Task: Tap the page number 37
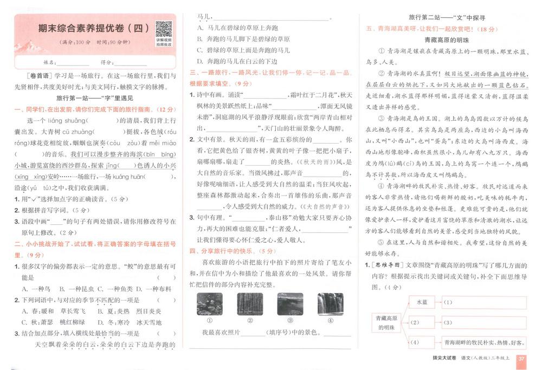[x=522, y=359]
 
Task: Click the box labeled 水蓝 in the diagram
[x=422, y=302]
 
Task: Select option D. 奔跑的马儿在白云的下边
[x=237, y=61]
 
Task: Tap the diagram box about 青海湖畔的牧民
[x=484, y=342]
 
